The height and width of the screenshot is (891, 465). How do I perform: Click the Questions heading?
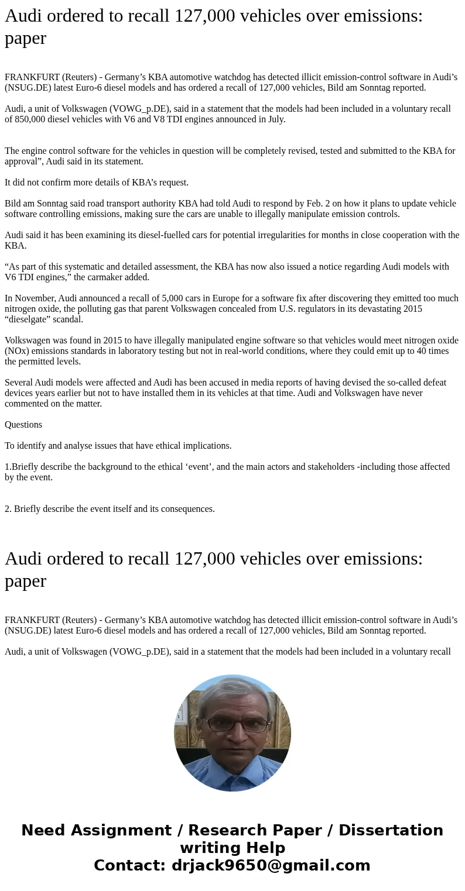(23, 425)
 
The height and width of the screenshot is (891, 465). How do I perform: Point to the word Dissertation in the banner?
(391, 830)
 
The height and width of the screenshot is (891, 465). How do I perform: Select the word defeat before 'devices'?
(433, 383)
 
